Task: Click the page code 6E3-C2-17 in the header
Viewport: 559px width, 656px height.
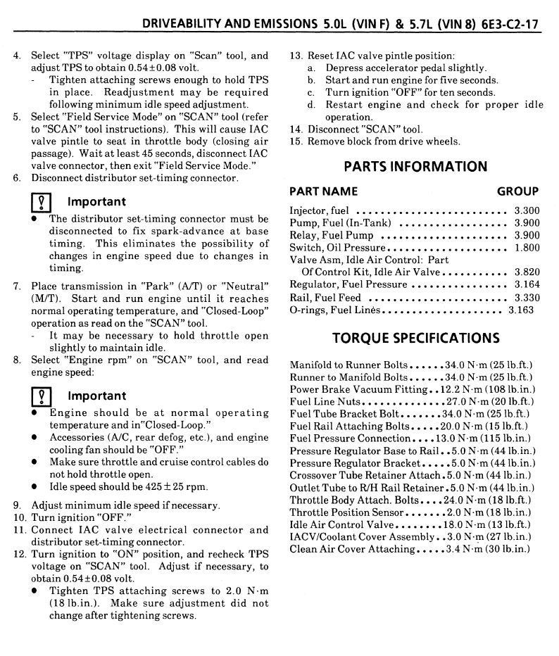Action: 509,23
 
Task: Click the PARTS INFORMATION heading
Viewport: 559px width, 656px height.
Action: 415,167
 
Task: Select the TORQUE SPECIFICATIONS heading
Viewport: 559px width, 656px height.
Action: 415,338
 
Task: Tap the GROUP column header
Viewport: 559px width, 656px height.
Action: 517,191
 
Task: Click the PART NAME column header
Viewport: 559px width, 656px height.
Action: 323,191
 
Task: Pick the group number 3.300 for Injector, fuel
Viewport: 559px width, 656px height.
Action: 527,210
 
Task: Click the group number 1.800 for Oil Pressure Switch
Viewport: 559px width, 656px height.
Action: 527,248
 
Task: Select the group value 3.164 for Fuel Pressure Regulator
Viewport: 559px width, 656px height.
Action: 527,284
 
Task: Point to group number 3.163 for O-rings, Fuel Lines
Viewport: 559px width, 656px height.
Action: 521,310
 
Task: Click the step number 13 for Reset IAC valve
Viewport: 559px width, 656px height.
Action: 296,56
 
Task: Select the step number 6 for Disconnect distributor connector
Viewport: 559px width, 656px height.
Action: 16,178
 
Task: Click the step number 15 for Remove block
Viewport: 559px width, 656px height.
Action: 296,141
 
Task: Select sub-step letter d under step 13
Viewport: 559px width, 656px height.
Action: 311,105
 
